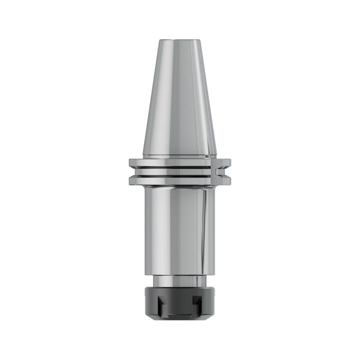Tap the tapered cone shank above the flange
[180, 99]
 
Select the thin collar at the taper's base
[180, 157]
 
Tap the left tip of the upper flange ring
[130, 162]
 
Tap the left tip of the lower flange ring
[130, 180]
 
